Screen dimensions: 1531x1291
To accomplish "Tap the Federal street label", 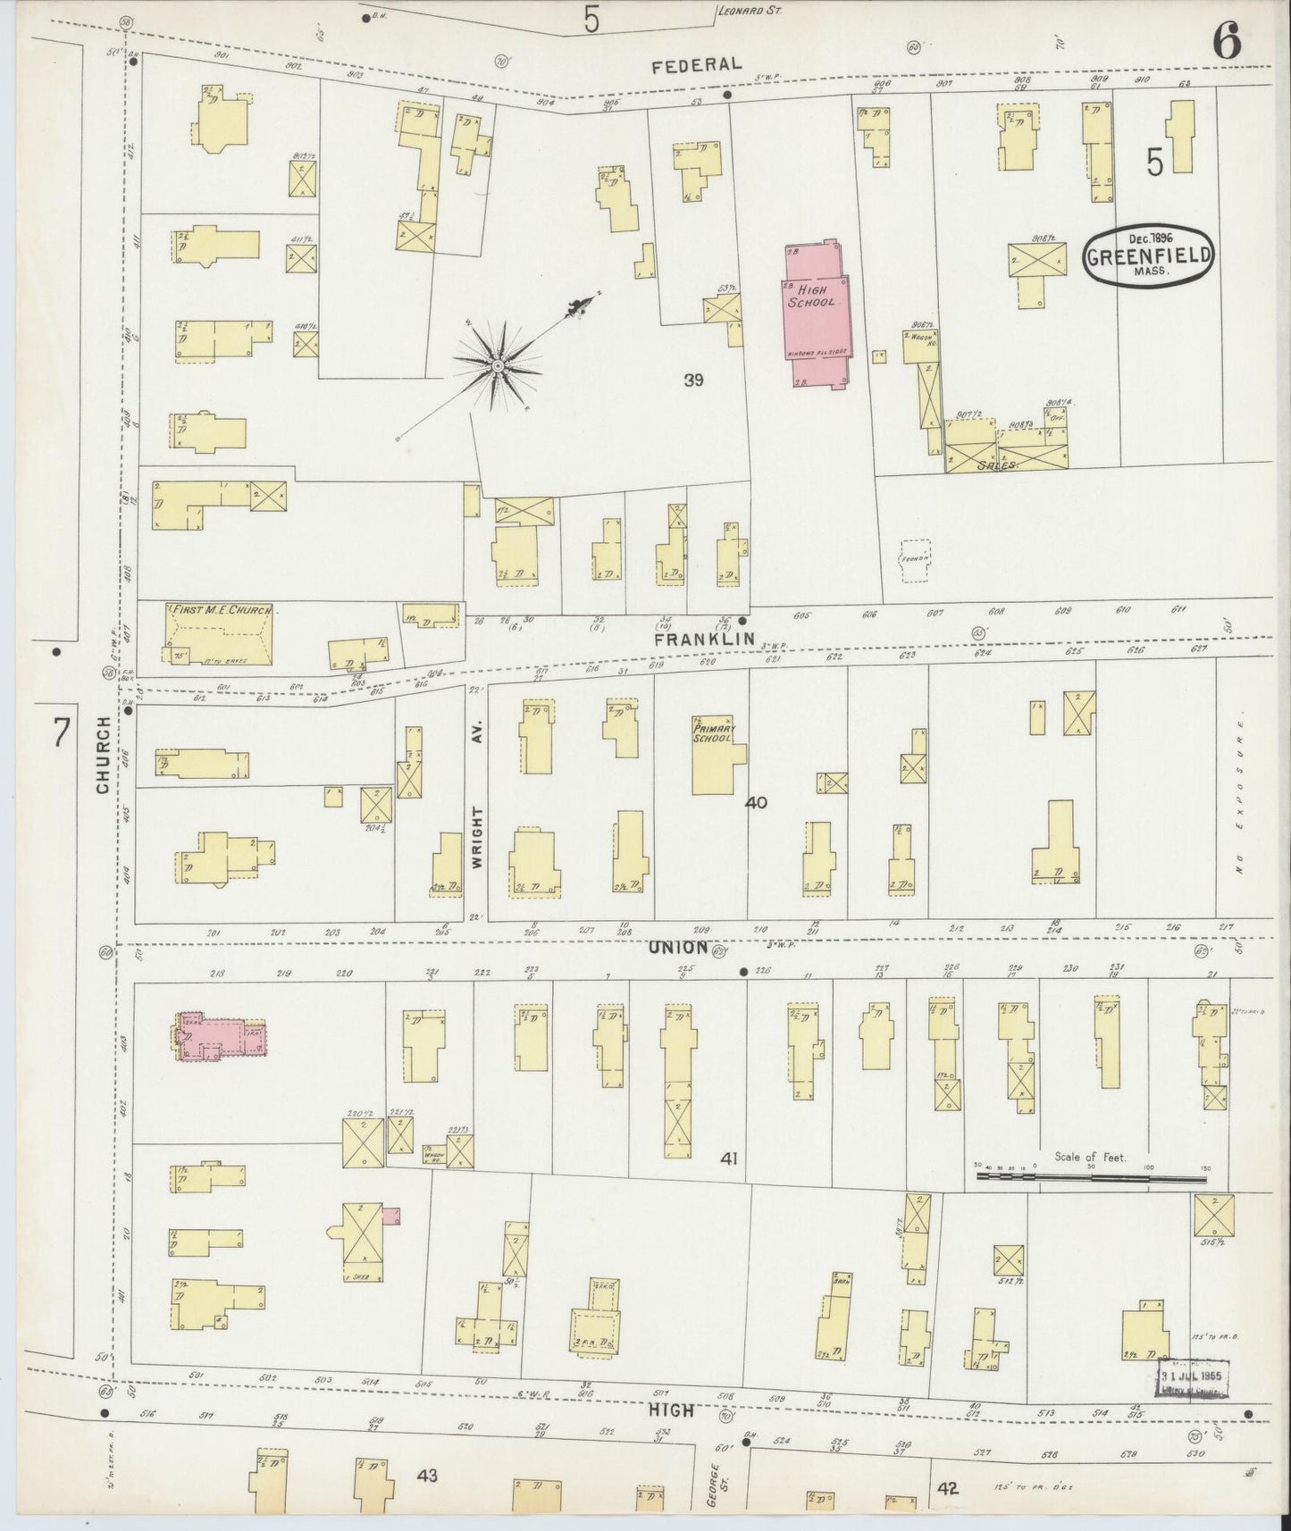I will [x=696, y=64].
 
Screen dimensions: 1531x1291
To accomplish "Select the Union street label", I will [x=681, y=947].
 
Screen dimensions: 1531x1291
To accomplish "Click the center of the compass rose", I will [x=497, y=366].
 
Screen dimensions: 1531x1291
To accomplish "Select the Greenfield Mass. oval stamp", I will [x=1149, y=256].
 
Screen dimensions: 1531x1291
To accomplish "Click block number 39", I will [x=693, y=381].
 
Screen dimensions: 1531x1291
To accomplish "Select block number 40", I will [x=756, y=803].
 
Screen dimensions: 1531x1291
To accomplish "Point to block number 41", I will [x=729, y=1159].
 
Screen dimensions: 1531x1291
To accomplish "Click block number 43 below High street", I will [x=426, y=1477].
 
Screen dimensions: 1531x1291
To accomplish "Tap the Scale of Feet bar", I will [x=1091, y=1177].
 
